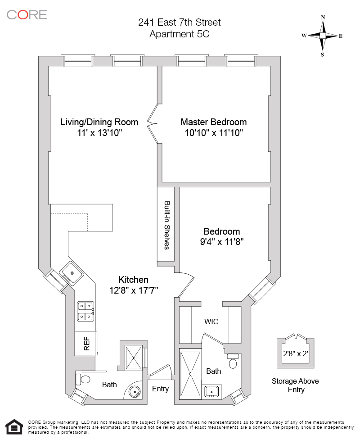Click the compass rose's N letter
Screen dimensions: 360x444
pyautogui.click(x=323, y=18)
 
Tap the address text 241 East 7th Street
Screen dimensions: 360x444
pyautogui.click(x=180, y=22)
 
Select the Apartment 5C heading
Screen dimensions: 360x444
pyautogui.click(x=180, y=33)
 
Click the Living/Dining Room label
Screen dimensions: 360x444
pyautogui.click(x=99, y=122)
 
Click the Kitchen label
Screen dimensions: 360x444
pyautogui.click(x=133, y=280)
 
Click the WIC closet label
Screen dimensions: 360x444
pyautogui.click(x=211, y=322)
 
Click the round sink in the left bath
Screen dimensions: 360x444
pyautogui.click(x=134, y=391)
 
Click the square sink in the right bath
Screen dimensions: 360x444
pyautogui.click(x=211, y=391)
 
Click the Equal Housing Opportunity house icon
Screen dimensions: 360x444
pyautogui.click(x=14, y=426)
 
